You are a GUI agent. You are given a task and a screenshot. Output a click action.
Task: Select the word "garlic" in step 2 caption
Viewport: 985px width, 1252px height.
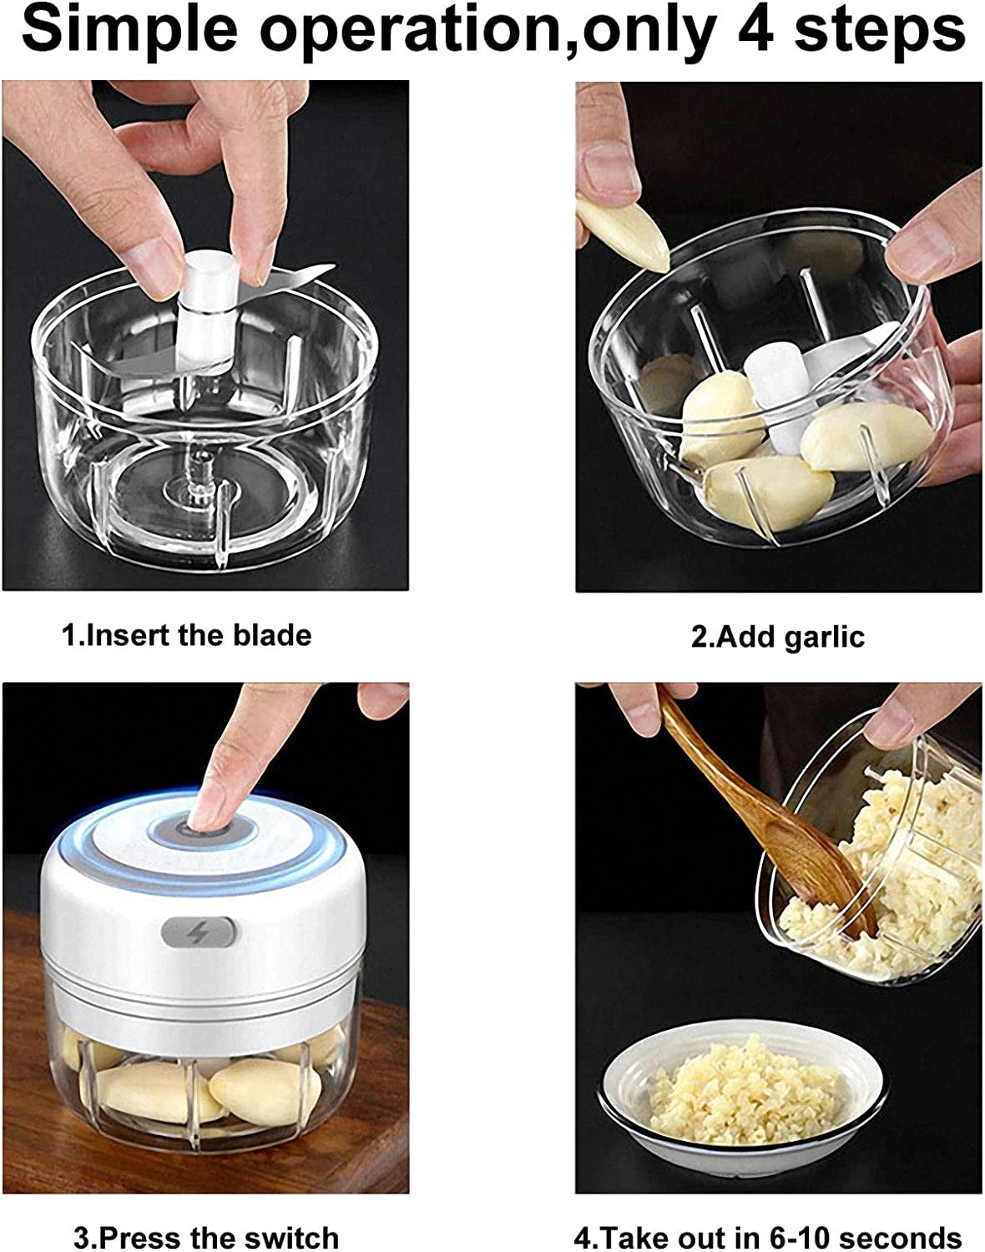pos(824,637)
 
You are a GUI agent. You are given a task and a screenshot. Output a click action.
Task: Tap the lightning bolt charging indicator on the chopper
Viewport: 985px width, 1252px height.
pos(200,934)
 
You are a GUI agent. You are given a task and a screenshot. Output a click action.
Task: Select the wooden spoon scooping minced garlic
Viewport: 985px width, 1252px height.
pos(762,815)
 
